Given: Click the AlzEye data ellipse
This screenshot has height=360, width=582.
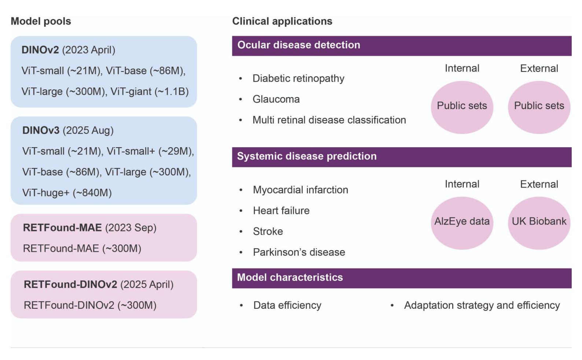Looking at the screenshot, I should tap(462, 223).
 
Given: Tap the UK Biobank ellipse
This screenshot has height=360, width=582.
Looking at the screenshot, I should tap(539, 223).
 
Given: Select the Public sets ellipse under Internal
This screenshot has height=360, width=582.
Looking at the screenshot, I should tap(462, 107).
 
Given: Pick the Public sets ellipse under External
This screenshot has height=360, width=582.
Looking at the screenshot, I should tap(539, 107).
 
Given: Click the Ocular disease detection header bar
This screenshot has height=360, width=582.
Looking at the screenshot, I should tap(401, 46).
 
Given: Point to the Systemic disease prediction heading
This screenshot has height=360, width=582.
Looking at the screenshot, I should tap(307, 156).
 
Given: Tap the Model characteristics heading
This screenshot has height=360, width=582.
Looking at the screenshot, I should tap(290, 278).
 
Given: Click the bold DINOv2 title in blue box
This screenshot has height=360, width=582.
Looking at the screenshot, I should tap(40, 50).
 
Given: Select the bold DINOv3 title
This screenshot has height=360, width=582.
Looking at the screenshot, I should tap(41, 130).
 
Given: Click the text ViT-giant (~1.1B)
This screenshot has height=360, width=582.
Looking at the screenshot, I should tap(150, 92).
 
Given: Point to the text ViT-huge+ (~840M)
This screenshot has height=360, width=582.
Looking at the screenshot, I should tap(67, 193).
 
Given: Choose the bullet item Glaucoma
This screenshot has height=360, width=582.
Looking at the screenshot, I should tap(276, 99).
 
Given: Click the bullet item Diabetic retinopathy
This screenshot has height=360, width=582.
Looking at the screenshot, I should tap(298, 78).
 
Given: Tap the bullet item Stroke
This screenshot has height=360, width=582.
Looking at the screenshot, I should tap(268, 231).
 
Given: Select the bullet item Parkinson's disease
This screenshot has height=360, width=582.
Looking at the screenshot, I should tap(299, 252).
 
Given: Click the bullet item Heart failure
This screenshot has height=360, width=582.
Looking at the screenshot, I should tap(281, 211).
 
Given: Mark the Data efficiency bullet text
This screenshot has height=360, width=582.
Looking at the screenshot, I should tap(287, 305).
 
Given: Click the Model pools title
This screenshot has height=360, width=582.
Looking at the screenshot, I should tap(41, 21).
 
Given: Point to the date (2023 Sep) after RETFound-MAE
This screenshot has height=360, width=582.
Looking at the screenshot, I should tap(131, 228).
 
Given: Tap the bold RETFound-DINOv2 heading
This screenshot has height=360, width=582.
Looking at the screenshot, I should tap(70, 285).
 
